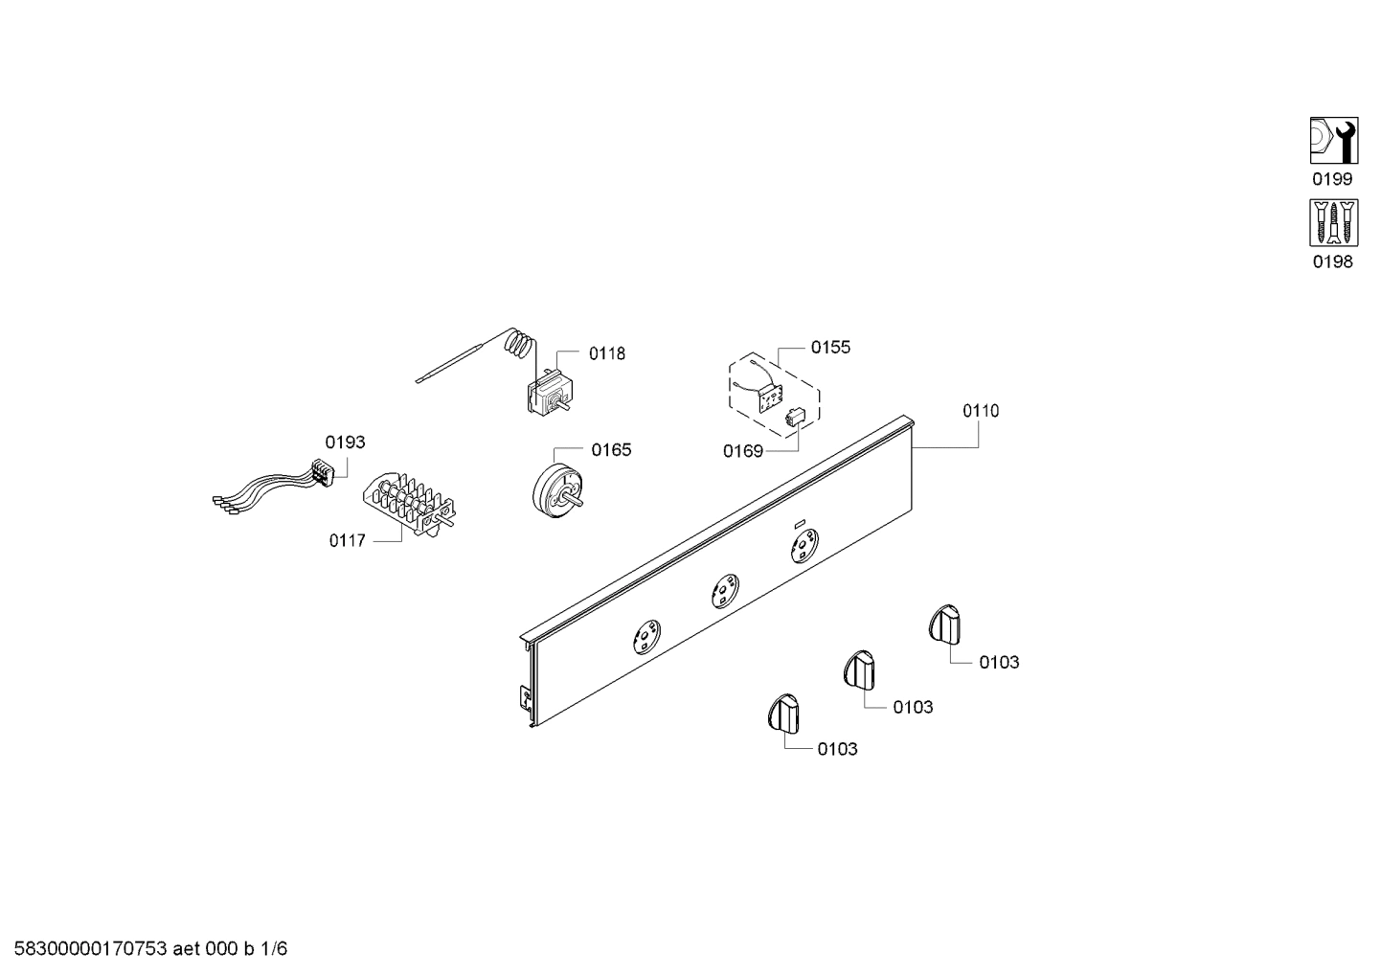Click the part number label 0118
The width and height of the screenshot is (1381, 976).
(606, 353)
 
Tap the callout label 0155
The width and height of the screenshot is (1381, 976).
(830, 347)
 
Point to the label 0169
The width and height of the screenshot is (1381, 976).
(742, 450)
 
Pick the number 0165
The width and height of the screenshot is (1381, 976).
(611, 450)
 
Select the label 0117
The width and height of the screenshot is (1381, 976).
(347, 541)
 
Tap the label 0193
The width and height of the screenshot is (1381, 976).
(345, 443)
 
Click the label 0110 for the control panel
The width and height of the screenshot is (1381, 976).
(981, 411)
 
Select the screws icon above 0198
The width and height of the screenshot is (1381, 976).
(1332, 224)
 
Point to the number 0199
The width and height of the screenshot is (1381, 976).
(1332, 179)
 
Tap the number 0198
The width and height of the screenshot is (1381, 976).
(1332, 261)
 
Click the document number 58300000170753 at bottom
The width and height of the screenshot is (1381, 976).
(86, 949)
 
